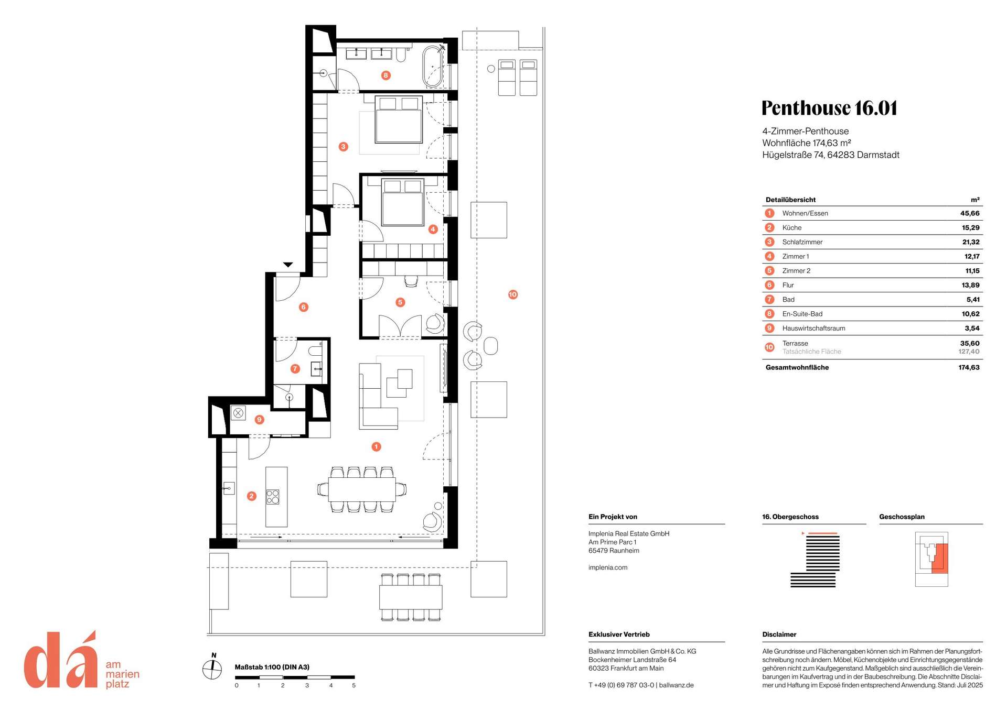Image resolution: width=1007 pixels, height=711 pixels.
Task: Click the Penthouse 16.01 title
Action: coord(829,108)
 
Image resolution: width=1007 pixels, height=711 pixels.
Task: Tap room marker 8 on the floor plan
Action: coord(385,75)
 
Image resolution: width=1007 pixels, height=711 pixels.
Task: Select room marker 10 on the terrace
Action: coord(513,294)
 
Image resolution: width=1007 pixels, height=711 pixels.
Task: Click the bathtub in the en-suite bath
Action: coord(433,67)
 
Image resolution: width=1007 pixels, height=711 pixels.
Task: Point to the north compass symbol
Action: coord(212,669)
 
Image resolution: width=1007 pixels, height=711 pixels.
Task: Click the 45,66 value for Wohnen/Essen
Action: coord(970,213)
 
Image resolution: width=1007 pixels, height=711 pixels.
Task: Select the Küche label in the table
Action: coord(792,227)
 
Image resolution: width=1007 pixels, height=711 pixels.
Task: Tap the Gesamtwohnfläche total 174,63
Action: coord(969,367)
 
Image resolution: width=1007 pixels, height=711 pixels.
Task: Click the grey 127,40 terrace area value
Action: coord(969,352)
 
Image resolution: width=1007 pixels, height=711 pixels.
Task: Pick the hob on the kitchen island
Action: coord(273,497)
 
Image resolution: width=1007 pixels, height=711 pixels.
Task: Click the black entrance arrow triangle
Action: coord(288,265)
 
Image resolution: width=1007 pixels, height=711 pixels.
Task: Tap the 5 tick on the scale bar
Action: coord(353,685)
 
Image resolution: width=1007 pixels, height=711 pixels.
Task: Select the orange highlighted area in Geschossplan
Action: coord(939,558)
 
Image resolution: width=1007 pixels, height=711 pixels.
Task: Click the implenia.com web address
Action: coord(608,567)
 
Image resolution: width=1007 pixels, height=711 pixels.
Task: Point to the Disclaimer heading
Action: coord(779,635)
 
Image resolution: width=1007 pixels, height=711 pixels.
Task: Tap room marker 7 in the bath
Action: coord(295,369)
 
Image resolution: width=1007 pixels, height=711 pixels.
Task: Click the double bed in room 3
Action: coord(399,119)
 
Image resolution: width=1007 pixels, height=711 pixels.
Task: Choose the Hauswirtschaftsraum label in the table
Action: coord(813,329)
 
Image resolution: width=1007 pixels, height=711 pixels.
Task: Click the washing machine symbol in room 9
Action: coord(238,413)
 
